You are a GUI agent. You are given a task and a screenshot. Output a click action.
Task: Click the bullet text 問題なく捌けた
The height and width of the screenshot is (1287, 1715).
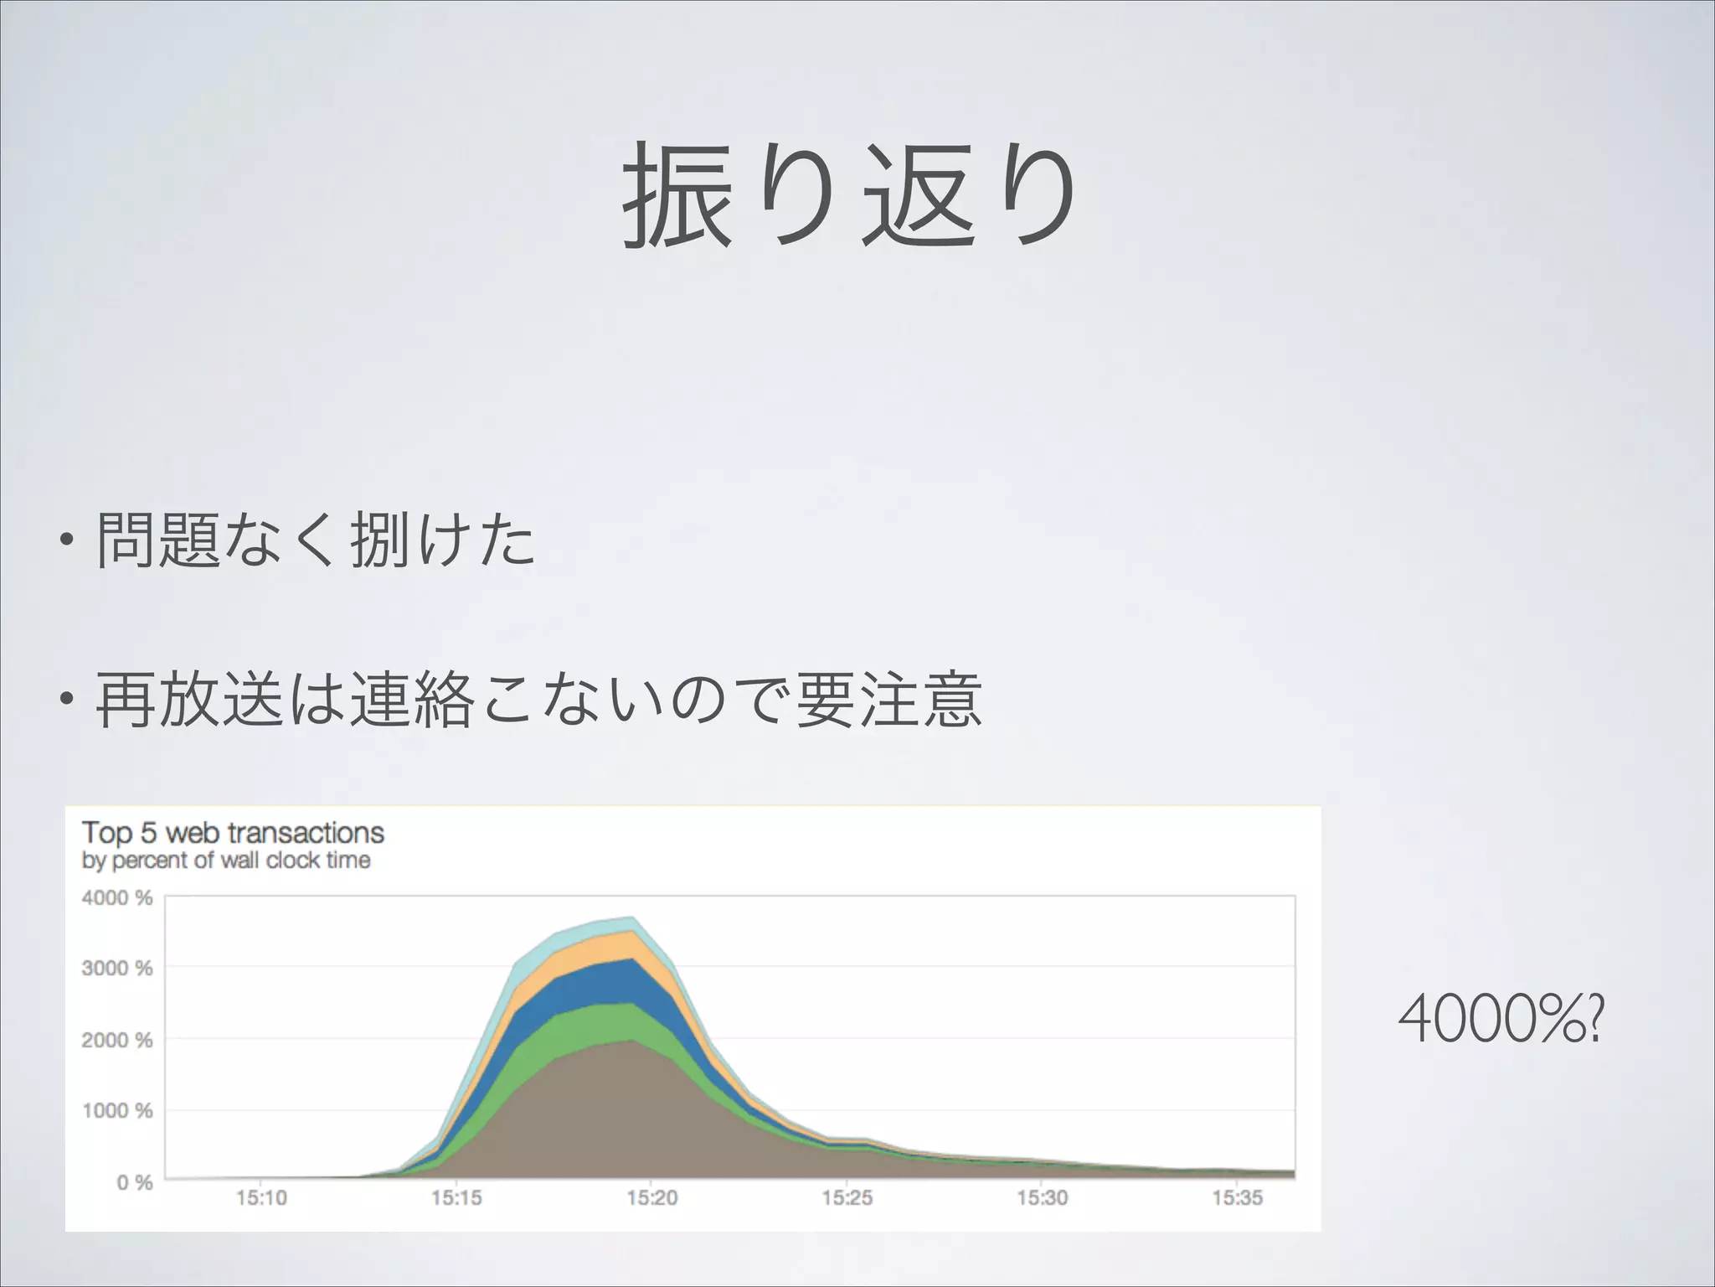(316, 540)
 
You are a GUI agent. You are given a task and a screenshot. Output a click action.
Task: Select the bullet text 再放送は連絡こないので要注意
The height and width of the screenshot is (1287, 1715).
(538, 699)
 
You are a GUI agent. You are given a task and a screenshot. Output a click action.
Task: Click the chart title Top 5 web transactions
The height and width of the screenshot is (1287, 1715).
(233, 833)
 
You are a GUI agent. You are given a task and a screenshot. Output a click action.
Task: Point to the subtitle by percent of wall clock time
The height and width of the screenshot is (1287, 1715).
(226, 861)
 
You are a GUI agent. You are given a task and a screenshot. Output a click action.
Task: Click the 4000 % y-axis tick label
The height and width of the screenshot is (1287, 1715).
(117, 898)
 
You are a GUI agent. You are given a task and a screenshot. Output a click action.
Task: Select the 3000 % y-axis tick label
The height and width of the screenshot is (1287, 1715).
(117, 969)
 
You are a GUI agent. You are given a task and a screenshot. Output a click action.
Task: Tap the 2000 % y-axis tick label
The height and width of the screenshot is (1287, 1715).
(117, 1040)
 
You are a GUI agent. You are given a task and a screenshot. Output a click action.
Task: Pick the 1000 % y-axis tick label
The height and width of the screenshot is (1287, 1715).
(117, 1111)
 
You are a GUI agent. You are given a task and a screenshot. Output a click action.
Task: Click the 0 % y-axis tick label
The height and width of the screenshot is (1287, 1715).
(134, 1182)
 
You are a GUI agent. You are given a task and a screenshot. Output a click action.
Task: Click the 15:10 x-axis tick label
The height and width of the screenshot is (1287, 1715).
(261, 1198)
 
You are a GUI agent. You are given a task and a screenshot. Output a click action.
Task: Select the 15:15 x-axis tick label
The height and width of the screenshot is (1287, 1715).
(456, 1198)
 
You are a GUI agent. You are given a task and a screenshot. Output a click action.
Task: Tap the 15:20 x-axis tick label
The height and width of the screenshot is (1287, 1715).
(652, 1198)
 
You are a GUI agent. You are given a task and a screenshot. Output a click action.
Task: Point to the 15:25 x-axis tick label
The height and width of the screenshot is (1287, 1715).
(847, 1198)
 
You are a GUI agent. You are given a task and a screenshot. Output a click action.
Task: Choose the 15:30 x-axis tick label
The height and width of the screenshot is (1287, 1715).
(1043, 1198)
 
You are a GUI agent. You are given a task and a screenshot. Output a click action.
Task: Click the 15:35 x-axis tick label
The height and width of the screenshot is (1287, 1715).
(1238, 1198)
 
